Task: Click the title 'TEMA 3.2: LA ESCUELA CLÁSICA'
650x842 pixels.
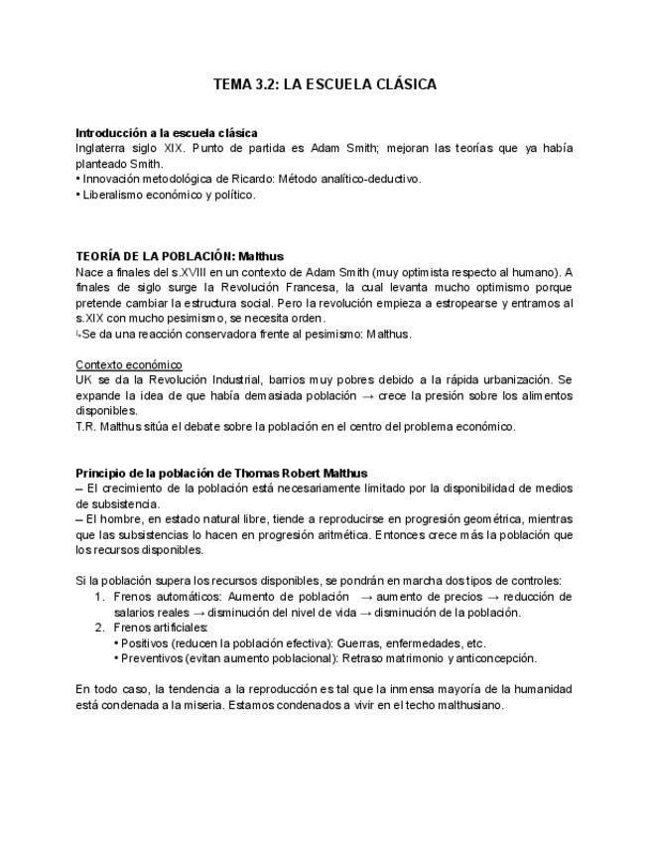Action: click(x=325, y=84)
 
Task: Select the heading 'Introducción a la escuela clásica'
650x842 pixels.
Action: click(x=167, y=132)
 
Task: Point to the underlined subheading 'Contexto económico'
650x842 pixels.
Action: click(x=129, y=364)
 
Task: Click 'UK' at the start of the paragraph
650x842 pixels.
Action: click(x=84, y=380)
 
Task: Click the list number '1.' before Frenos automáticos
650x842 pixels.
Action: click(x=99, y=597)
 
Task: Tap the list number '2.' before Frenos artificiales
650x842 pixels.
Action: click(x=99, y=628)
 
